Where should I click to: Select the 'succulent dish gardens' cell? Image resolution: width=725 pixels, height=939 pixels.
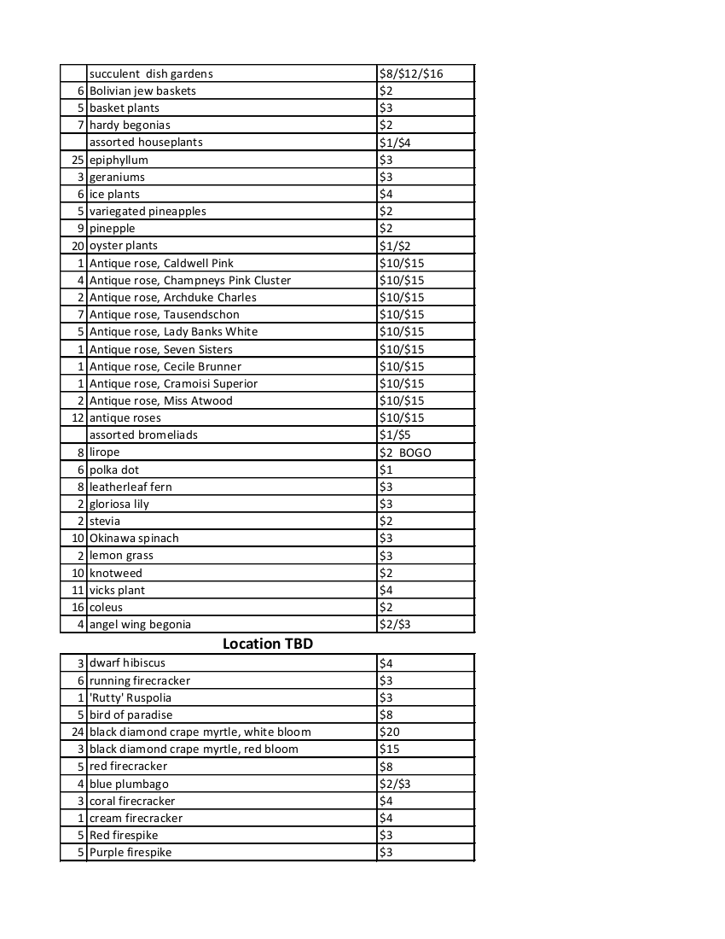[151, 74]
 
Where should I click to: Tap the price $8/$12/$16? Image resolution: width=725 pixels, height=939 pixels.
[411, 74]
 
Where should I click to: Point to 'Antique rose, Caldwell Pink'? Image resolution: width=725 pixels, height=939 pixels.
[161, 263]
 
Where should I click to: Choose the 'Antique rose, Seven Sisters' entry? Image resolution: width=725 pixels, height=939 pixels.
[160, 349]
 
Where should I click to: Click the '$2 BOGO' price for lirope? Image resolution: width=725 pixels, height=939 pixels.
[405, 452]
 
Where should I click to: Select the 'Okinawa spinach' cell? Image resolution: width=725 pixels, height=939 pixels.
[134, 539]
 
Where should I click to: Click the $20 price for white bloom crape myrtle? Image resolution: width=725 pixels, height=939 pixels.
[390, 732]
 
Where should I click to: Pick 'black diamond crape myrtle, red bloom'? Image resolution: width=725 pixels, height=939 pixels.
[194, 749]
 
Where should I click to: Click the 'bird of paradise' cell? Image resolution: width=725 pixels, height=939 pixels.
[130, 714]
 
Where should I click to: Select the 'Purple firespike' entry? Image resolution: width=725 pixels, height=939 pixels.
[130, 852]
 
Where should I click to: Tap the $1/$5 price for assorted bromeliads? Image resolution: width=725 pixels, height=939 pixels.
[393, 435]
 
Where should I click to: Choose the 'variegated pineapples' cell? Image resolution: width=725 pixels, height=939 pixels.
[148, 211]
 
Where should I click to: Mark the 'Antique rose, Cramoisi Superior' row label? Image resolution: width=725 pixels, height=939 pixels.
[173, 383]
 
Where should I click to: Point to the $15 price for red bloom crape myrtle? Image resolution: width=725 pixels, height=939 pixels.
[390, 749]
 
